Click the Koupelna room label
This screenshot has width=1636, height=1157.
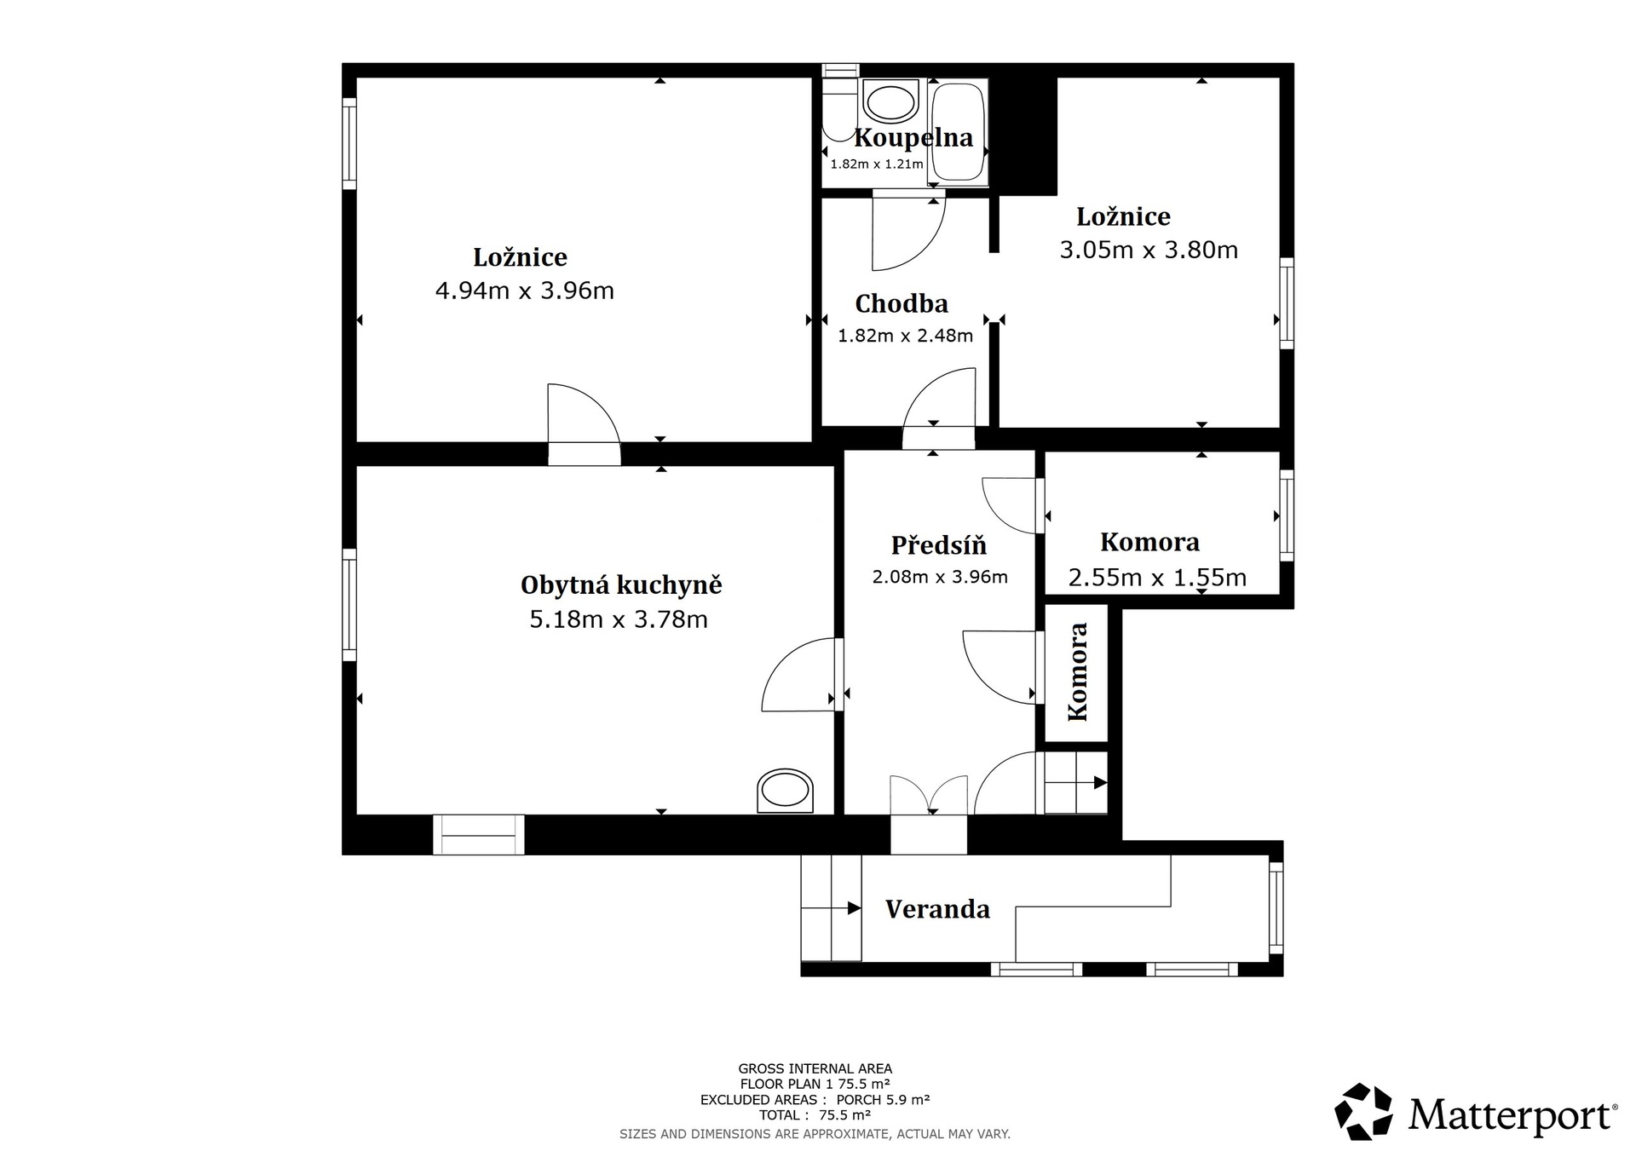[x=913, y=138]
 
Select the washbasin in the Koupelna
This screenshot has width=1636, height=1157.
[x=891, y=102]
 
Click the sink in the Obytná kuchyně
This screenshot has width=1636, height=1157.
[x=785, y=791]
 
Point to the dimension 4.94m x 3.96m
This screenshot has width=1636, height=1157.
[x=525, y=291]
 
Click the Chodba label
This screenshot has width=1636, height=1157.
[x=902, y=304]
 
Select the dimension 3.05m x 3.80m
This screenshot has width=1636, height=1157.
[x=1149, y=250]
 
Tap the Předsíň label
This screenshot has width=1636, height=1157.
[x=939, y=545]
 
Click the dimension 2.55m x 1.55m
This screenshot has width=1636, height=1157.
[x=1157, y=578]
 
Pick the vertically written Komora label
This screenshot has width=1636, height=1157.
[x=1078, y=672]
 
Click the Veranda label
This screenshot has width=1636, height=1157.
[x=937, y=909]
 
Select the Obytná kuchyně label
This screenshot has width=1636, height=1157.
[x=621, y=586]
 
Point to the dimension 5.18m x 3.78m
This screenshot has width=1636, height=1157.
[x=619, y=619]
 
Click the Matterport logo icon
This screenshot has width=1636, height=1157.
[x=1363, y=1111]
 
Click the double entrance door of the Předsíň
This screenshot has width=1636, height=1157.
[x=929, y=795]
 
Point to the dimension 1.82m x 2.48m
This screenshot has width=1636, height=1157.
[x=905, y=337]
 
